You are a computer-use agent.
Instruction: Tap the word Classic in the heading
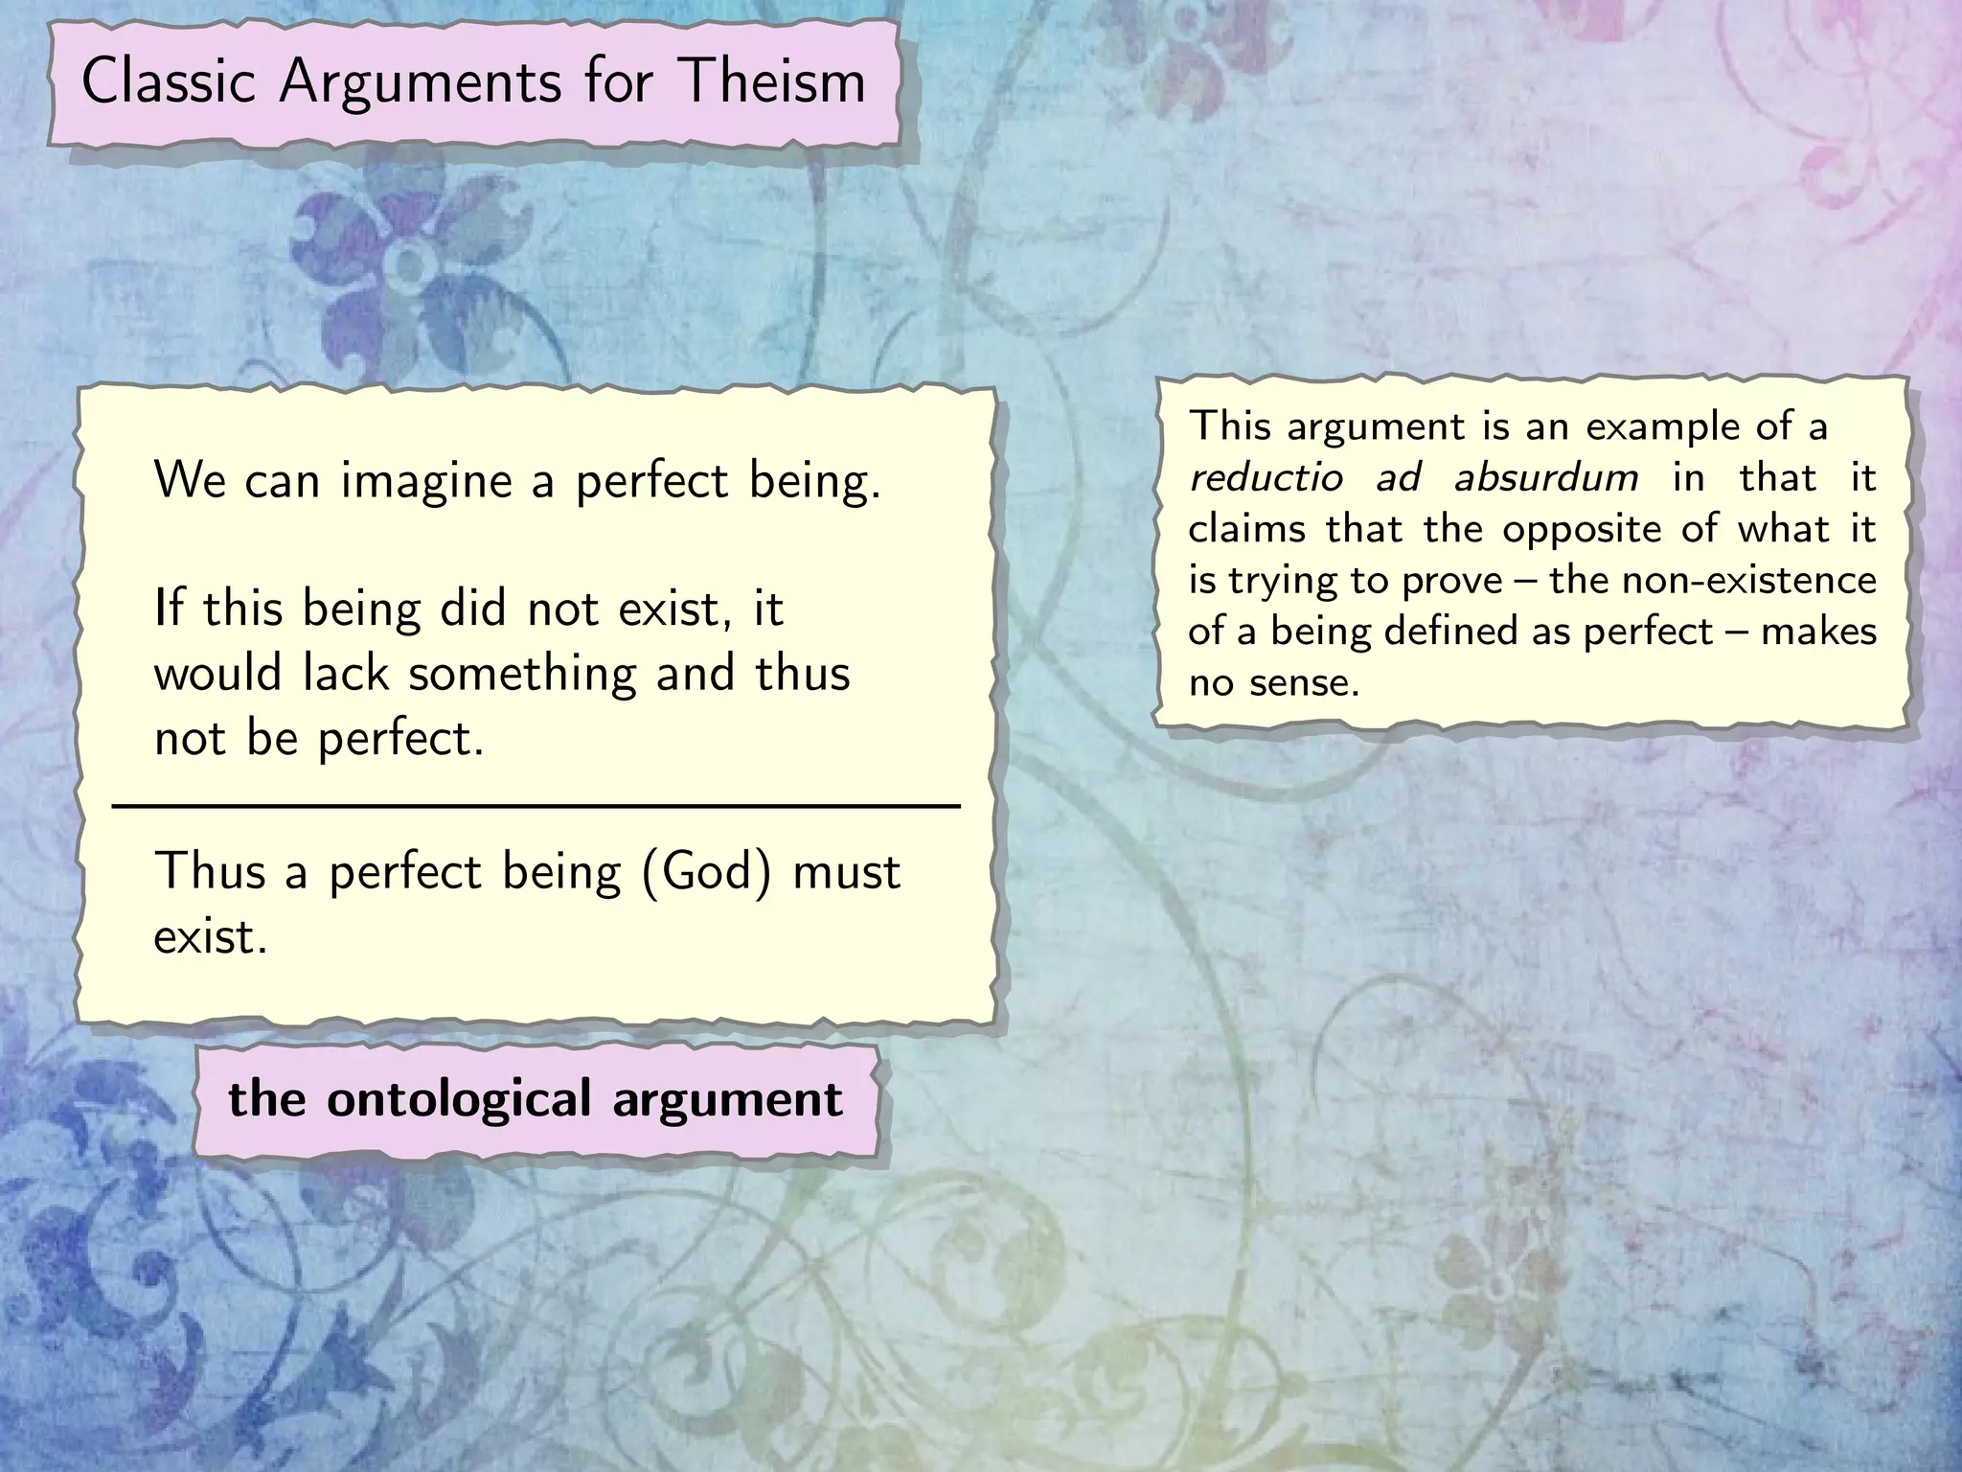point(168,81)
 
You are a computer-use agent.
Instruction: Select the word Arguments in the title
point(420,83)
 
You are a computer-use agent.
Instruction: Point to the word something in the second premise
point(522,674)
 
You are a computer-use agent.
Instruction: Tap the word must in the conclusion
point(847,873)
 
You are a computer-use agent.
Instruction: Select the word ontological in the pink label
point(459,1100)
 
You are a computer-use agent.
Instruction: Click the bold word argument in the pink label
point(727,1100)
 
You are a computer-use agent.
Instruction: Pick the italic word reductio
point(1266,477)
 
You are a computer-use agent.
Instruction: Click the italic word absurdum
point(1545,477)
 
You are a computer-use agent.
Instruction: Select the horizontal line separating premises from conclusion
point(536,808)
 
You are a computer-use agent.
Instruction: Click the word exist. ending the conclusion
point(210,936)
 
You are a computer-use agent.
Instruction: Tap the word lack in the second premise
point(346,673)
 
